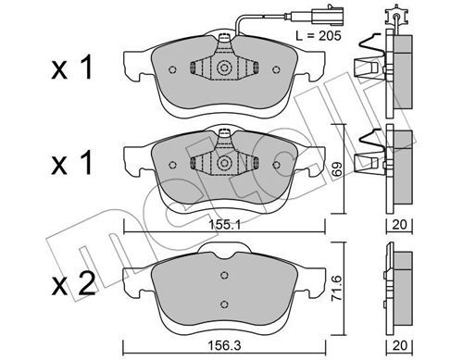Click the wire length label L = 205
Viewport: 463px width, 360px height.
tap(319, 36)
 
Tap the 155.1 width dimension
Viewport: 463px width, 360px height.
tap(224, 225)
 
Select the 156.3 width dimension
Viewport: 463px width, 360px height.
tap(224, 345)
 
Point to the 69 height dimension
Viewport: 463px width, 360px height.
tap(337, 168)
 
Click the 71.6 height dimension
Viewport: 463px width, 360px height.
tap(337, 288)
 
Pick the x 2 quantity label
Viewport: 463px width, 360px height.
tap(73, 285)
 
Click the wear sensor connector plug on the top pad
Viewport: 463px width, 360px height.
tap(325, 15)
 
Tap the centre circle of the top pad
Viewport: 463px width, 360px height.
tap(224, 68)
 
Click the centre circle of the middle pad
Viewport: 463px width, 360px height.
tap(224, 163)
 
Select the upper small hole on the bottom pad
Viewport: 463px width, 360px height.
tap(224, 275)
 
